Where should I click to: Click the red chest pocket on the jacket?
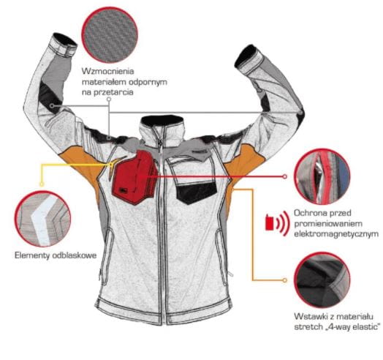click(134, 177)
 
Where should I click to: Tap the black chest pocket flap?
click(197, 192)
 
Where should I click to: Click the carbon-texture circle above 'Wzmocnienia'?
click(110, 34)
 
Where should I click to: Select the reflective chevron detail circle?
click(42, 218)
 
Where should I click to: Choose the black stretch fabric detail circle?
click(322, 280)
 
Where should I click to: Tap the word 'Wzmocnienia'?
click(108, 71)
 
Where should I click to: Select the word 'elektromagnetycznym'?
click(336, 234)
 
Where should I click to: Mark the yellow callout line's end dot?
click(42, 184)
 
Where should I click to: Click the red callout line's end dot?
click(285, 176)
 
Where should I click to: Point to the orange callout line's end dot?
click(284, 280)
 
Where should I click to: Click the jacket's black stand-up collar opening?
click(163, 121)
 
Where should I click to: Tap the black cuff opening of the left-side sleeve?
click(65, 39)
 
